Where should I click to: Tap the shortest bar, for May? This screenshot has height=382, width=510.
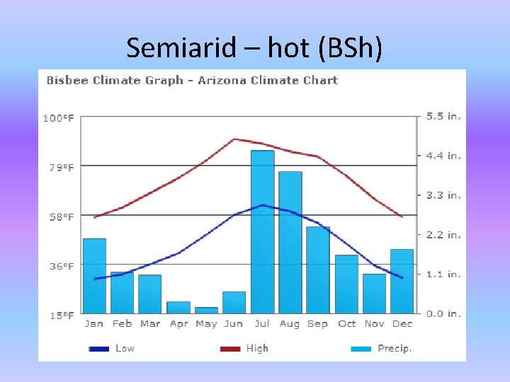[x=206, y=310]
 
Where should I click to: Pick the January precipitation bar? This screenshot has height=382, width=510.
[x=94, y=276]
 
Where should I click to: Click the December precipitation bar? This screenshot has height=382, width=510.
[x=402, y=281]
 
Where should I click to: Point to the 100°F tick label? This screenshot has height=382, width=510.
[x=59, y=118]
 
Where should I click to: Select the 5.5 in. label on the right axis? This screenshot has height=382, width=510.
[x=443, y=117]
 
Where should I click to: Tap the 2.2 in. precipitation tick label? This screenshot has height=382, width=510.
[x=443, y=235]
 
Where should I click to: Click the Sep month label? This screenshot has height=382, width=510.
[x=317, y=324]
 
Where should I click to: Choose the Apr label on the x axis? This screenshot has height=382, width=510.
[x=178, y=324]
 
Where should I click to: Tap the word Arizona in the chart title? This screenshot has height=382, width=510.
[x=222, y=81]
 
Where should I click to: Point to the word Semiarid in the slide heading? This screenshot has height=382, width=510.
[x=171, y=48]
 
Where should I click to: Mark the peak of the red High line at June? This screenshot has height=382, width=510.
[x=234, y=139]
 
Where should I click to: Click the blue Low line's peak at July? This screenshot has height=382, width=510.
[x=262, y=205]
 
